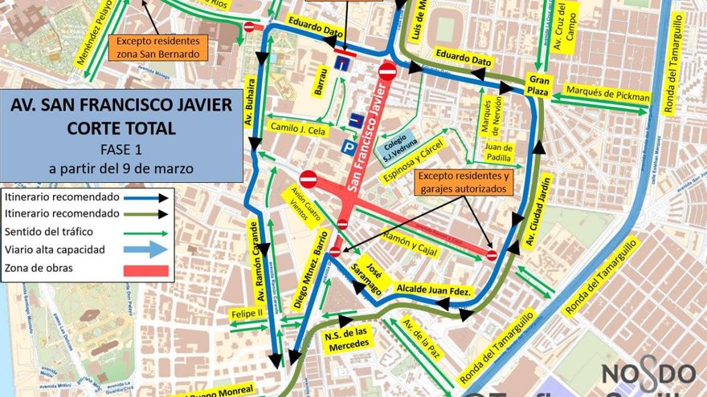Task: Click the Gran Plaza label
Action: (537, 85)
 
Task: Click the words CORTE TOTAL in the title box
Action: (121, 128)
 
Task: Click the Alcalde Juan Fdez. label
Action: (434, 290)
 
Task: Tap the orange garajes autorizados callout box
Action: (464, 182)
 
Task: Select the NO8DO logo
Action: (648, 374)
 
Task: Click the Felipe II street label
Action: (247, 314)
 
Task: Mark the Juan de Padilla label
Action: (499, 152)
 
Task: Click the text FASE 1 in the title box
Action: (121, 149)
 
